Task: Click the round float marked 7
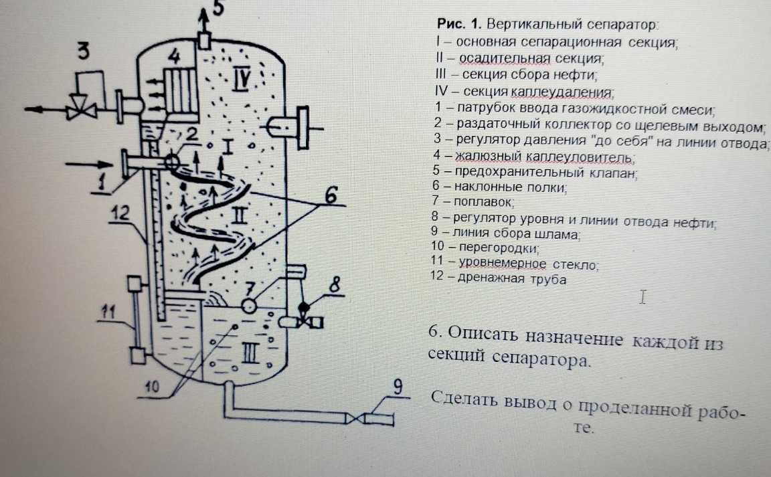coord(250,305)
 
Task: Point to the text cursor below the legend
coord(642,296)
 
